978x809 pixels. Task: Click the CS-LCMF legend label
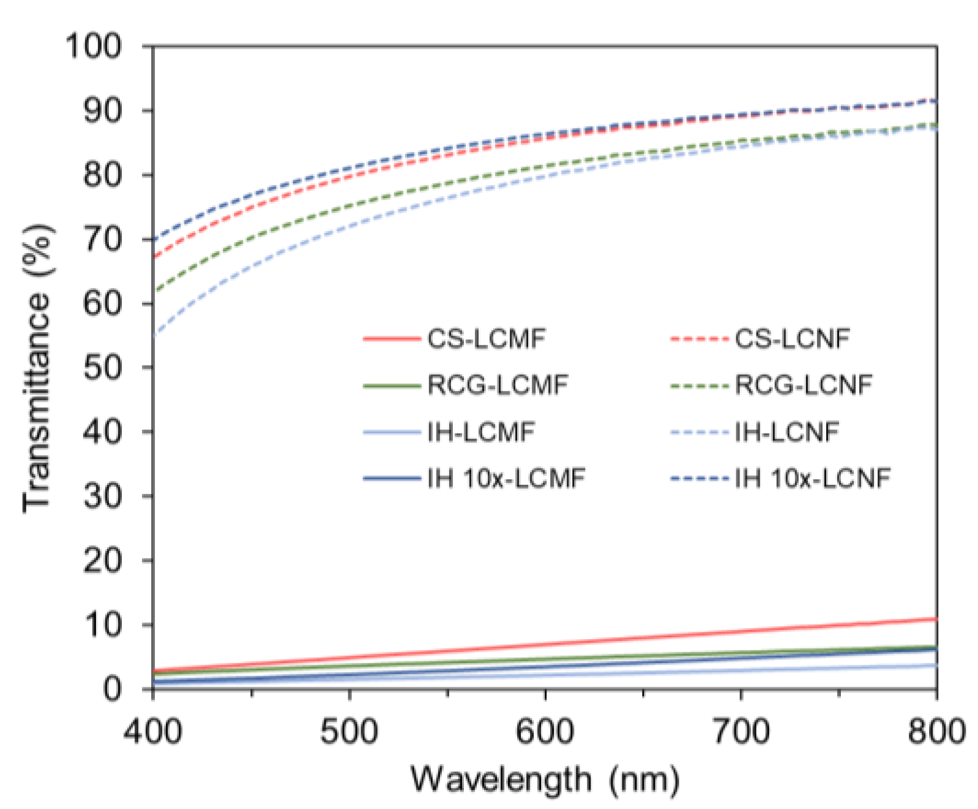click(486, 338)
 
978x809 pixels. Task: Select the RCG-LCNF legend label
click(803, 385)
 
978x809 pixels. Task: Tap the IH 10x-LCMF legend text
click(506, 478)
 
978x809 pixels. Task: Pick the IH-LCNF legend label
click(786, 432)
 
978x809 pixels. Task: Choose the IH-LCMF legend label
click(481, 432)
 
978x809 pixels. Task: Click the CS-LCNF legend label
click(792, 338)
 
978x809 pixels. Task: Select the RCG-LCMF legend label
click(498, 385)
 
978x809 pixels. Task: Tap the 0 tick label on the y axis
click(112, 689)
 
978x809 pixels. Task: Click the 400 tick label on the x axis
click(152, 731)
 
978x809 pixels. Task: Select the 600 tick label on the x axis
click(545, 731)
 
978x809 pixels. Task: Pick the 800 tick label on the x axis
click(936, 731)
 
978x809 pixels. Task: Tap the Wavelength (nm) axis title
click(545, 780)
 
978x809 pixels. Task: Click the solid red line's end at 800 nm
click(936, 619)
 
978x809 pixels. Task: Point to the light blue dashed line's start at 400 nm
click(154, 335)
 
